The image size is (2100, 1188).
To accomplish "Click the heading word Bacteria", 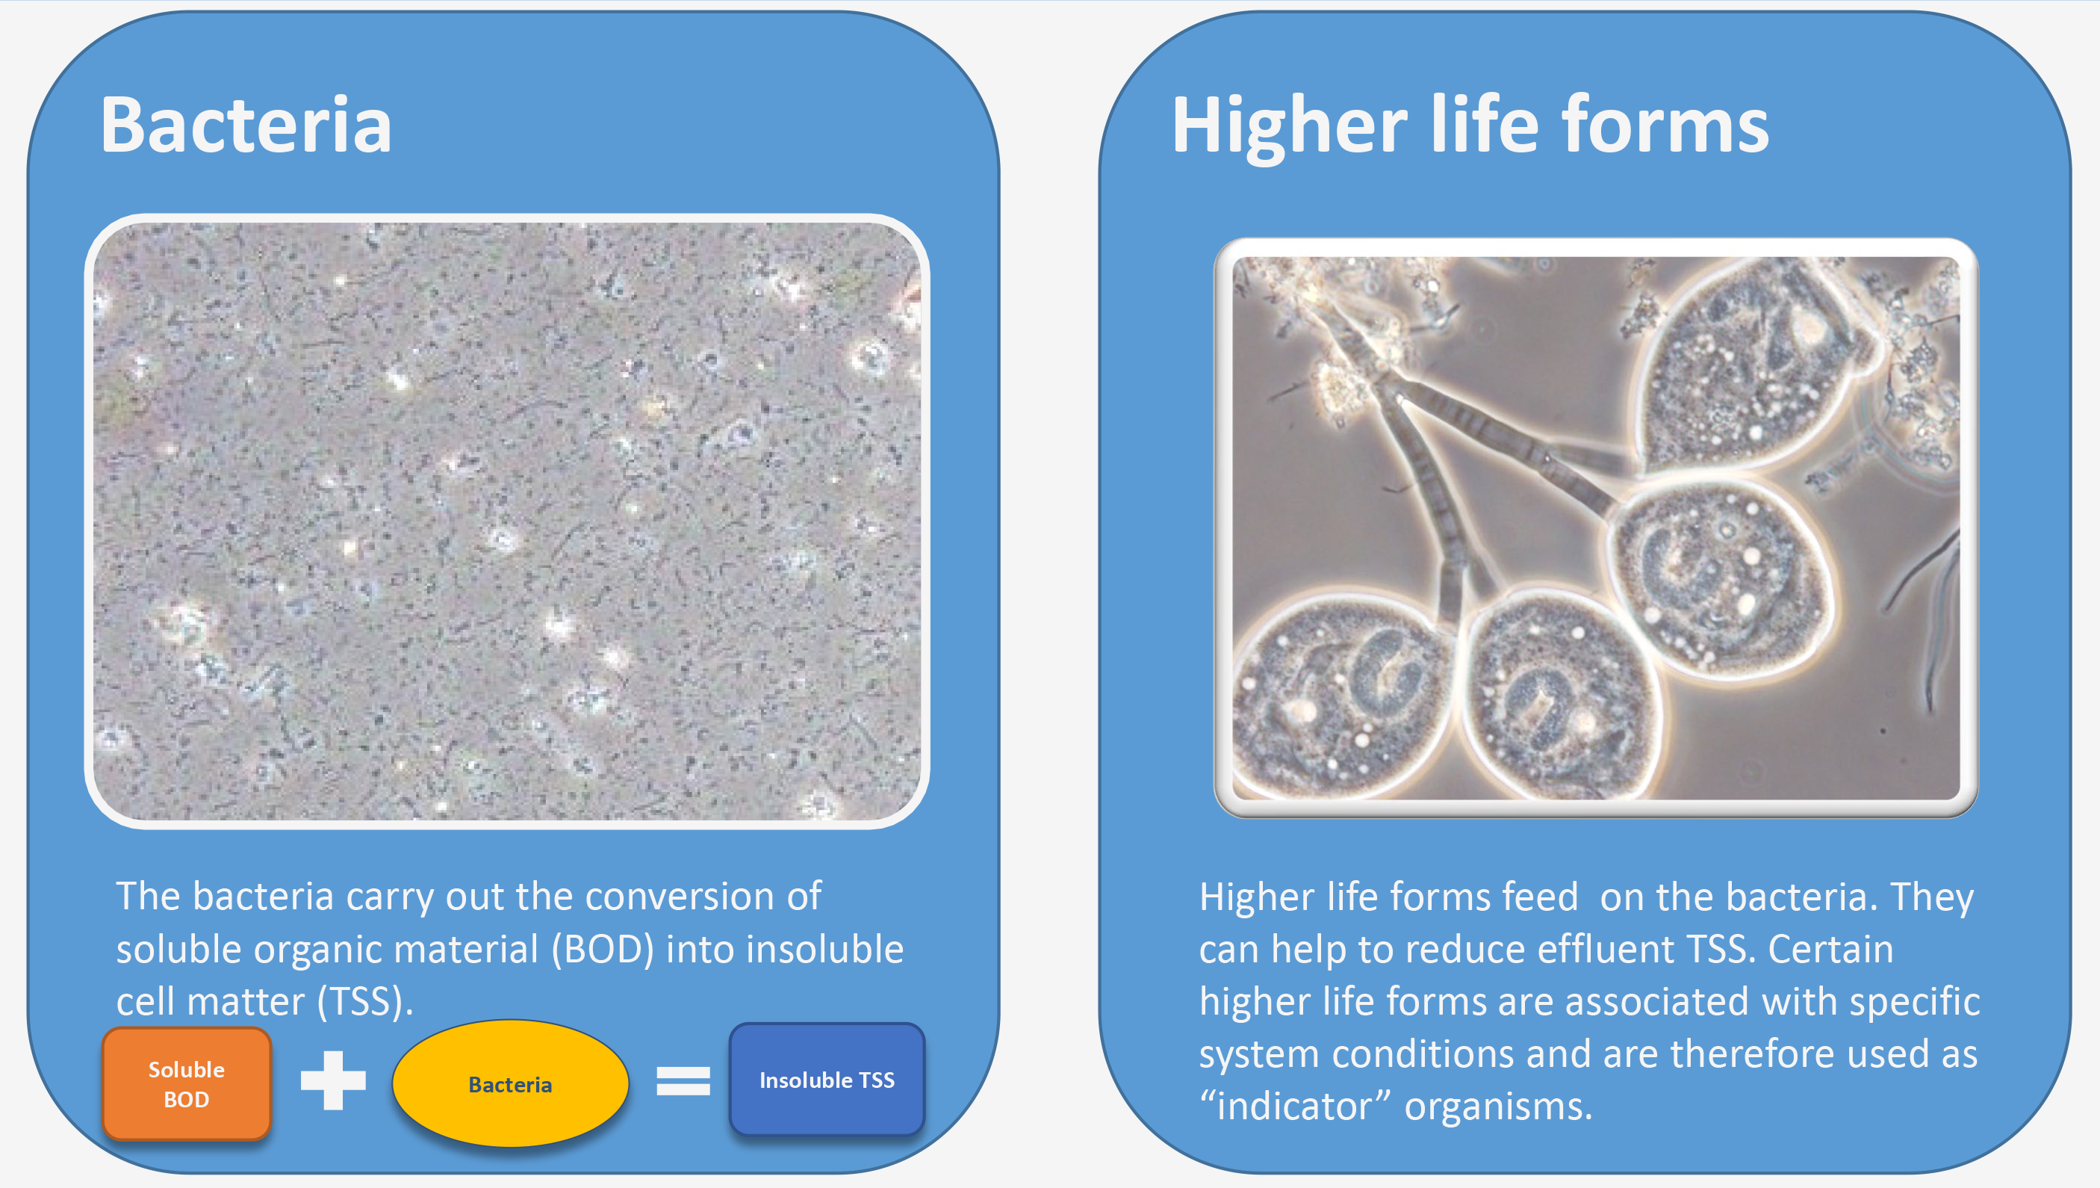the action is pos(246,124).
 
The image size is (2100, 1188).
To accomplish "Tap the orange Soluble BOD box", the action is pos(187,1083).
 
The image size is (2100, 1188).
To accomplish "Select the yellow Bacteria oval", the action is pos(511,1083).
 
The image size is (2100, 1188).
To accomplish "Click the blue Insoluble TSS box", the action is pos(827,1080).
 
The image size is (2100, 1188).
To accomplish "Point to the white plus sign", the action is pos(333,1080).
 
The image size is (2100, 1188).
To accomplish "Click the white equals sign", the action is pos(683,1081).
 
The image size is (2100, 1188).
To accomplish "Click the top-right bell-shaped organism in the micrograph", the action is pos(1753,367).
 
